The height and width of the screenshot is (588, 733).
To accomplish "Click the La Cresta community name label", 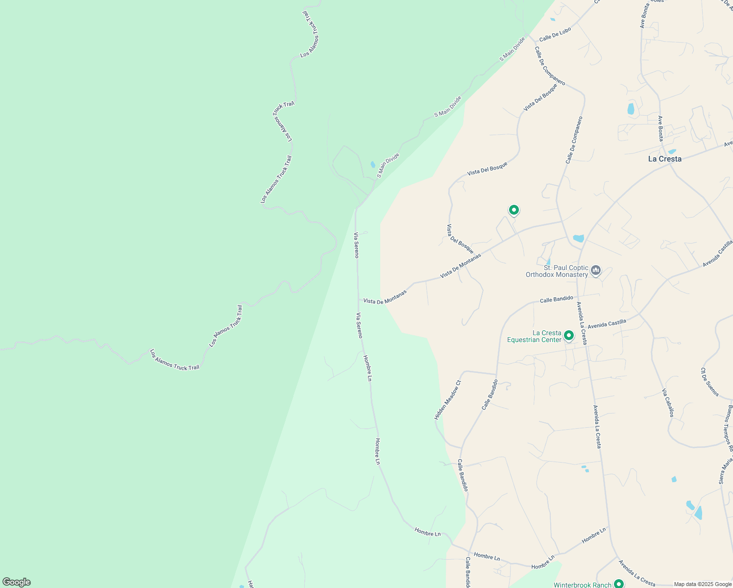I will coord(664,159).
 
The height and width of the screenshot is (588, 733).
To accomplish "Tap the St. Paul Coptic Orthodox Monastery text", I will coord(557,271).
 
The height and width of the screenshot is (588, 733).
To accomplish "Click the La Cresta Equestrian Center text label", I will coord(534,336).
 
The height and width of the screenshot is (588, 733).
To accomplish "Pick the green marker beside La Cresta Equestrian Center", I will coord(569,336).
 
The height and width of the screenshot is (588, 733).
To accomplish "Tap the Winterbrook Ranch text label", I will coord(583,585).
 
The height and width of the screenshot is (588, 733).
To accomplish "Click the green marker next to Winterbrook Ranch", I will coord(619,584).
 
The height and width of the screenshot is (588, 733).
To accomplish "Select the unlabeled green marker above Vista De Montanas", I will coord(513,210).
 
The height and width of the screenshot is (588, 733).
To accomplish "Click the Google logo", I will coord(17,582).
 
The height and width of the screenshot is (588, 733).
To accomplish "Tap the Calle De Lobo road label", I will coord(555,35).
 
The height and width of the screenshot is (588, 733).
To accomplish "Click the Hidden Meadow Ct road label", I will coord(448,399).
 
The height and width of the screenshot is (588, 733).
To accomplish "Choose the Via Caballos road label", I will coord(668,403).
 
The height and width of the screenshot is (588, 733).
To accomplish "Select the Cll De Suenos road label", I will coord(709,382).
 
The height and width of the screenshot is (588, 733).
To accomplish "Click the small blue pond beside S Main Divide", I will coord(373,165).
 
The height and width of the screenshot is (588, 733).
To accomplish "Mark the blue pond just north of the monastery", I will coord(578,239).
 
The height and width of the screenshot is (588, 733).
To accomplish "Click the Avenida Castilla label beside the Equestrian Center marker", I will coord(607,324).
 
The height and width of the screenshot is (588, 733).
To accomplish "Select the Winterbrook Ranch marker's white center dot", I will coord(619,583).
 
